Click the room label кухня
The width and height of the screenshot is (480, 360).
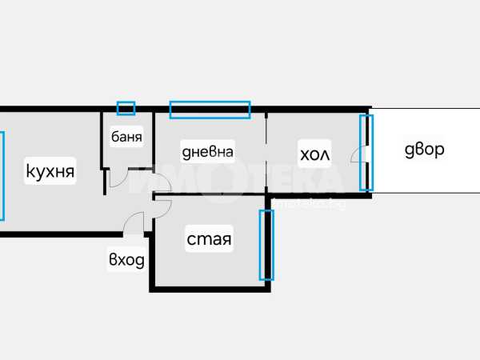pyautogui.click(x=50, y=171)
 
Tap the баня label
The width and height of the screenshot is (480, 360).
pyautogui.click(x=126, y=137)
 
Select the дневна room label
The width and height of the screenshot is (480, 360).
pyautogui.click(x=207, y=152)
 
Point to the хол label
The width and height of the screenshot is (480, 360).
pyautogui.click(x=314, y=154)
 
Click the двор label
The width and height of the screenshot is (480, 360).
pyautogui.click(x=424, y=150)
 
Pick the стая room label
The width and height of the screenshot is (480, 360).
pyautogui.click(x=209, y=239)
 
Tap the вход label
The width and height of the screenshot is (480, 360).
pyautogui.click(x=126, y=260)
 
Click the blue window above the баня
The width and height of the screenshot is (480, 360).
pyautogui.click(x=126, y=108)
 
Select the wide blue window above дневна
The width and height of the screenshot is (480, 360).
pyautogui.click(x=210, y=110)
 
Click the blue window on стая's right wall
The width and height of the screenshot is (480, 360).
pyautogui.click(x=266, y=245)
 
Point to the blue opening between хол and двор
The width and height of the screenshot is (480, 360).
pyautogui.click(x=366, y=153)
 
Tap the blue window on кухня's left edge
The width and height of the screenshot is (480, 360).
pyautogui.click(x=2, y=176)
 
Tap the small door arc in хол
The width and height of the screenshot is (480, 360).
pyautogui.click(x=354, y=152)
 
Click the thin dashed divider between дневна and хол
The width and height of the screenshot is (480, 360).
pyautogui.click(x=266, y=153)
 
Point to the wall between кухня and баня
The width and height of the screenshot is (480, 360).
pyautogui.click(x=102, y=140)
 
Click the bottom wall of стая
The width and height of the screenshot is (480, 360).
pyautogui.click(x=210, y=290)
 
